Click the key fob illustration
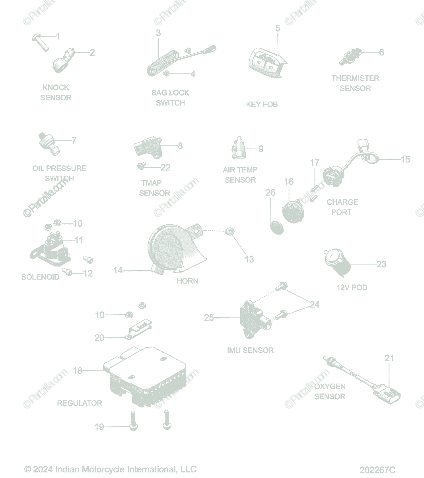pos(268,63)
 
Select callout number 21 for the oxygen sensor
pos(389,358)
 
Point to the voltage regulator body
pos(145,376)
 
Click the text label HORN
pos(187,281)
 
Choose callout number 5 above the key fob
pos(278,28)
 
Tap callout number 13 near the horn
pos(249,259)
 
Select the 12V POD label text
pos(352,287)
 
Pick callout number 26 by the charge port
pos(270,192)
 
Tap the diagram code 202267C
pos(377,470)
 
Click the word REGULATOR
pos(80,403)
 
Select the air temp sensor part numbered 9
pos(239,148)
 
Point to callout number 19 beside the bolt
pos(99,427)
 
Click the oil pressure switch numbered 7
pos(49,144)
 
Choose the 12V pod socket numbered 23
pos(337,263)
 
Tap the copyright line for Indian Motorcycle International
pos(110,469)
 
